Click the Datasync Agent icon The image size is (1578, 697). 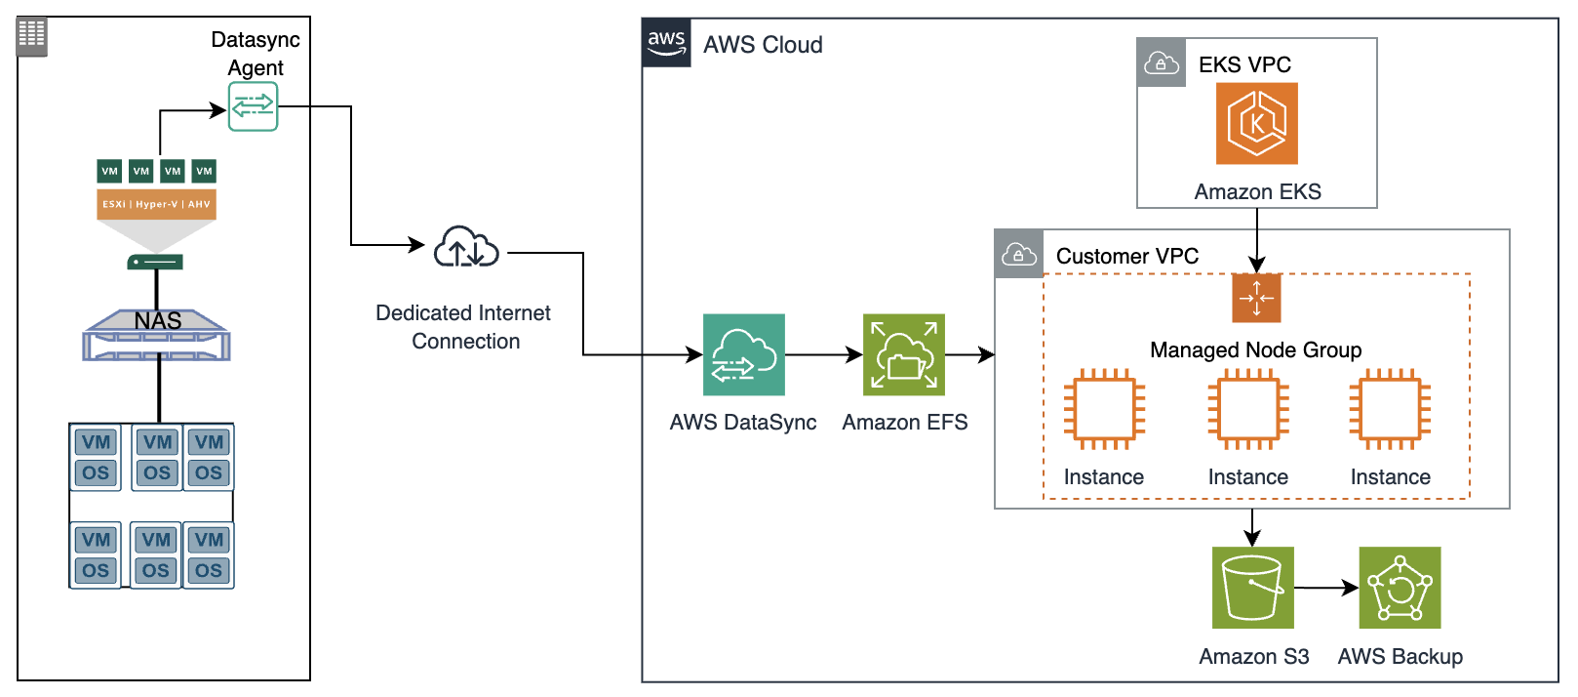pos(253,106)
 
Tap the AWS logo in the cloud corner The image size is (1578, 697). pos(666,43)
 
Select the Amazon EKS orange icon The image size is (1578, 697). pos(1256,123)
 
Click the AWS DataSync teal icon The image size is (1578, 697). pos(743,354)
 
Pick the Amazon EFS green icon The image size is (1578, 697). pos(903,354)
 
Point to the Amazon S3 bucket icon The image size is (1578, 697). pos(1252,587)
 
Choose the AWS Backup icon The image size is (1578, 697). pos(1399,587)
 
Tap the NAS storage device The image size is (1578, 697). pos(157,335)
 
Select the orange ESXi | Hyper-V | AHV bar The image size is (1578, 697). pos(156,204)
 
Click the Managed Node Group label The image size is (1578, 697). pos(1255,349)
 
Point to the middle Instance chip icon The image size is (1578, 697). pos(1247,409)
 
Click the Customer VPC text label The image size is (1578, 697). pos(1126,256)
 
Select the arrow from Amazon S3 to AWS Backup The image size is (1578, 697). pos(1325,588)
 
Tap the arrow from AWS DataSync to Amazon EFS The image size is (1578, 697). pos(823,354)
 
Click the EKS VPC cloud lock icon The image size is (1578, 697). pos(1161,63)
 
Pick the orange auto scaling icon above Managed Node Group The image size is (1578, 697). pos(1256,298)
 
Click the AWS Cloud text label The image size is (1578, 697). pos(763,45)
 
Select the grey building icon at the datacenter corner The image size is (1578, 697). pos(31,36)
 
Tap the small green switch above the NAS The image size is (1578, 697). pos(155,262)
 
